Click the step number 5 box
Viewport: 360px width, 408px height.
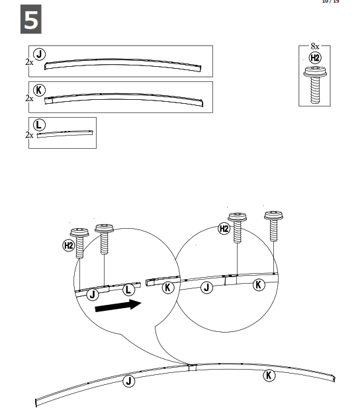(30, 20)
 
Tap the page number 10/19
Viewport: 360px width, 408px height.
(330, 2)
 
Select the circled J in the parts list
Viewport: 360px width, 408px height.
(40, 55)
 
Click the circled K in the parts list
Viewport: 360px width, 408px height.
(40, 91)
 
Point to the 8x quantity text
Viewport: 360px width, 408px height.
(315, 47)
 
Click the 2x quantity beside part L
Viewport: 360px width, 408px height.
(29, 135)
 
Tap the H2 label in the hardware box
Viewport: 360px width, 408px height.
(315, 58)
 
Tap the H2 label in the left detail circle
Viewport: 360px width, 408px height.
(69, 245)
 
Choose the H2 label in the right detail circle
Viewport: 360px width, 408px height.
(224, 229)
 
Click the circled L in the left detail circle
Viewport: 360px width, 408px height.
(129, 290)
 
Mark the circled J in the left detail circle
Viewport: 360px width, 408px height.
(93, 293)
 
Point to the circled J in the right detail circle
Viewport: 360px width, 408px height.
(207, 287)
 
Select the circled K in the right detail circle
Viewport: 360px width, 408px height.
(259, 284)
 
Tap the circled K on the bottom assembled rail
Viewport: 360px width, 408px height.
(269, 376)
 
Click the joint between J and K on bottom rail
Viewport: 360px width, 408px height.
(190, 366)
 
